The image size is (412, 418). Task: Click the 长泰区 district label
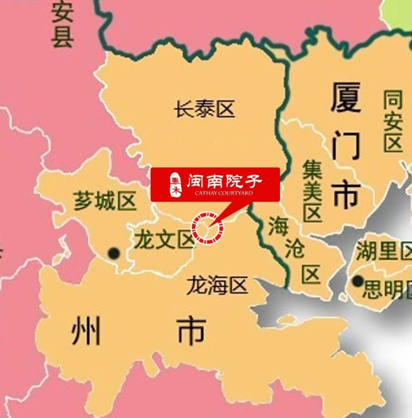(205, 110)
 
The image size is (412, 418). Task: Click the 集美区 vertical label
(312, 192)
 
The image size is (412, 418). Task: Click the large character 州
(86, 330)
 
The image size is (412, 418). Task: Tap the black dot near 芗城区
(114, 253)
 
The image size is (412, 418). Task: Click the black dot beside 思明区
(358, 281)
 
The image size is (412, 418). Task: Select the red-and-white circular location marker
(208, 228)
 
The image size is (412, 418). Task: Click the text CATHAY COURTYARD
(223, 194)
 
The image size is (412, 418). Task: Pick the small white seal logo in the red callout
(174, 184)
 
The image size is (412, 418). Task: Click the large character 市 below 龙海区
(191, 330)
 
